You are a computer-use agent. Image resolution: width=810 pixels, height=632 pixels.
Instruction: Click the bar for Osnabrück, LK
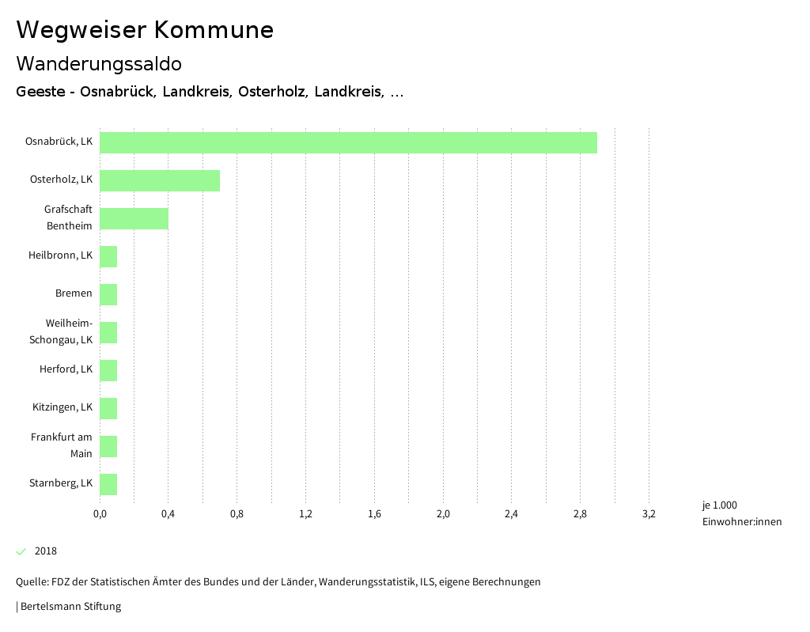(x=348, y=142)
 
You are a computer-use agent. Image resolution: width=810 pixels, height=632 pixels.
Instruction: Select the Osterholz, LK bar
(x=160, y=180)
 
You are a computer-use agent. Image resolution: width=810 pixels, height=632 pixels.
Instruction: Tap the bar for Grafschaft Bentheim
(x=134, y=218)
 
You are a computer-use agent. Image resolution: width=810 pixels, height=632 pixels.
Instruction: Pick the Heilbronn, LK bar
(x=108, y=256)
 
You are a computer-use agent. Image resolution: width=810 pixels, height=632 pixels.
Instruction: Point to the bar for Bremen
(x=108, y=294)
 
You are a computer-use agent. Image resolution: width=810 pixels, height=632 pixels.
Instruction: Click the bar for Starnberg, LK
(x=108, y=484)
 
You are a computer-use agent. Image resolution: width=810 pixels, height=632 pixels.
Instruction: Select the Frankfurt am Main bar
(x=108, y=446)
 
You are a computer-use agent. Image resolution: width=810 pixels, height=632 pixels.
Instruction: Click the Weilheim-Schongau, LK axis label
(x=69, y=331)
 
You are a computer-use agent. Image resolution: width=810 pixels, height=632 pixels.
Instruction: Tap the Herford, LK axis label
(x=66, y=369)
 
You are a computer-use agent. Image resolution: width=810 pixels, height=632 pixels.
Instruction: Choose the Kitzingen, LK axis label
(x=62, y=407)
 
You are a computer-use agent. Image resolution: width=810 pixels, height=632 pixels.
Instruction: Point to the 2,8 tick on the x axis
(x=580, y=514)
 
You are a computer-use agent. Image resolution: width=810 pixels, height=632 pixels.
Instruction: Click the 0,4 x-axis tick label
(x=168, y=514)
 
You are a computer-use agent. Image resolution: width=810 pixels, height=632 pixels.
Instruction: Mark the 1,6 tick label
(x=374, y=514)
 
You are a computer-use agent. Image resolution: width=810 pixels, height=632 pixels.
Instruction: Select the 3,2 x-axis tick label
(x=649, y=514)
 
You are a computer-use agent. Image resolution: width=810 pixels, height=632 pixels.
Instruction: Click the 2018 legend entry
(x=46, y=551)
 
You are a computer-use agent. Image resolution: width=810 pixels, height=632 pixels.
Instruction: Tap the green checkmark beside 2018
(x=21, y=551)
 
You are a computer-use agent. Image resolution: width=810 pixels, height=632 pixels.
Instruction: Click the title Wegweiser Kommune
(x=145, y=30)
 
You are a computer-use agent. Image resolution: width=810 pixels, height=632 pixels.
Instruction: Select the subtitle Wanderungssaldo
(x=99, y=63)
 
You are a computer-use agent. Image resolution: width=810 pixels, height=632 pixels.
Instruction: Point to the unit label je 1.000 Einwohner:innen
(x=741, y=513)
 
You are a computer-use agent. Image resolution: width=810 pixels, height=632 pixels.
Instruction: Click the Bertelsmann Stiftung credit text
(x=70, y=607)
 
